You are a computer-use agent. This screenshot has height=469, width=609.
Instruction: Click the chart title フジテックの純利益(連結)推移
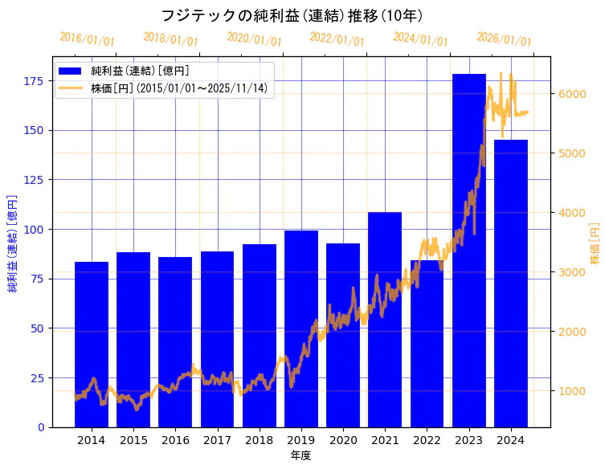(x=292, y=15)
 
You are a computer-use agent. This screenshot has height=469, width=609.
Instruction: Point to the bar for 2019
(x=301, y=328)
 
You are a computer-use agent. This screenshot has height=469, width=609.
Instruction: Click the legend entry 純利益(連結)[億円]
(x=140, y=71)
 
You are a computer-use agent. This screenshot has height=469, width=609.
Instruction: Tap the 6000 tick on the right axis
(x=571, y=94)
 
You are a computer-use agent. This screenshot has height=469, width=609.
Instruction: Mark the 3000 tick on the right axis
(x=571, y=272)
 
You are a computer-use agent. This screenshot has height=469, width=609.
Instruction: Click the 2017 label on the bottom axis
(x=217, y=440)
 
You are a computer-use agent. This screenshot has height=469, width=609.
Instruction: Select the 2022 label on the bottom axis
(x=427, y=440)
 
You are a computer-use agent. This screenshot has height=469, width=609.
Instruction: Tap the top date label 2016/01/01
(x=88, y=39)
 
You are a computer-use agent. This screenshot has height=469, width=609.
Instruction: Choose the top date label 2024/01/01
(x=421, y=39)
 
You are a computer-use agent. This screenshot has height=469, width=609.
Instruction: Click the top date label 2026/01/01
(x=505, y=39)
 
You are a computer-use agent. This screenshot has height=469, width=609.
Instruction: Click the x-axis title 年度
(x=300, y=455)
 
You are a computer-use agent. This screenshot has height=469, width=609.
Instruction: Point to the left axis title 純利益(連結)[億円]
(x=13, y=243)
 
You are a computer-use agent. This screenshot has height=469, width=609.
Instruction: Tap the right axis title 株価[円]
(x=595, y=243)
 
